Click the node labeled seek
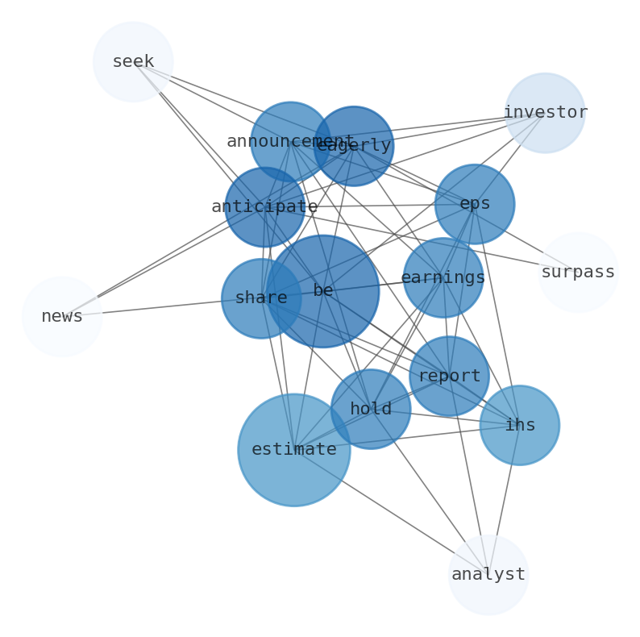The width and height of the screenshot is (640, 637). tap(133, 62)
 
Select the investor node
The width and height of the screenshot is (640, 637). tap(545, 113)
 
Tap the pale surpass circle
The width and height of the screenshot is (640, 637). tap(577, 273)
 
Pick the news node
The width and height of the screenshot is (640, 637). tap(62, 317)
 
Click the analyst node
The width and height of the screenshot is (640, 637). tap(488, 575)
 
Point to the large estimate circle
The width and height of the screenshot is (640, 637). tap(294, 450)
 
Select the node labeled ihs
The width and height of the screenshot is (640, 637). tap(519, 425)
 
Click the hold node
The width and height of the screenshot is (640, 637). tap(371, 409)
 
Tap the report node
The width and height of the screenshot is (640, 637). tap(449, 377)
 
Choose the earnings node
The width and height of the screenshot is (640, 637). tap(443, 278)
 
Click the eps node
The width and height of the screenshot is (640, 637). tap(474, 204)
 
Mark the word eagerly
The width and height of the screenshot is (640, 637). tap(354, 146)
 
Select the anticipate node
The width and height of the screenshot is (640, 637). tap(264, 207)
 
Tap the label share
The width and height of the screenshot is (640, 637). tap(261, 298)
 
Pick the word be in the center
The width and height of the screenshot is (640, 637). tap(322, 291)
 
